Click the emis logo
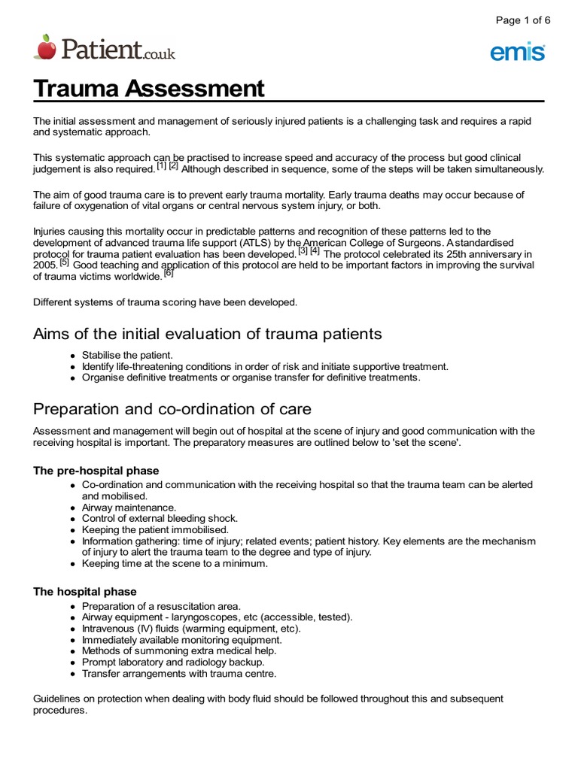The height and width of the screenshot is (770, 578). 518,52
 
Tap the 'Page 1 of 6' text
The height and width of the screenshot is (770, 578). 522,20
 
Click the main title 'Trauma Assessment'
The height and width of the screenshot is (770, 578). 149,89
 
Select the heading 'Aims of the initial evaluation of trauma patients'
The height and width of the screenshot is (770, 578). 208,334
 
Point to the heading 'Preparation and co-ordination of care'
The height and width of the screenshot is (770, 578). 172,410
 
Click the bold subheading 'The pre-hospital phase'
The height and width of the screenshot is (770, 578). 96,471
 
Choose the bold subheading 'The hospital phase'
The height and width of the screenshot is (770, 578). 85,592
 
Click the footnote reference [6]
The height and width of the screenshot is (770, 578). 169,274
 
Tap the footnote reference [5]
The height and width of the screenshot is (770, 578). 64,263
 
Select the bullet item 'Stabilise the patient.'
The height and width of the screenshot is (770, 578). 127,355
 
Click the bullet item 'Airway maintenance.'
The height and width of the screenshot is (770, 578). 129,508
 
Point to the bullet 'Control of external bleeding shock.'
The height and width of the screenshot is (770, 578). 160,519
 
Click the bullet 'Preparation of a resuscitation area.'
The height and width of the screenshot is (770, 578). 161,606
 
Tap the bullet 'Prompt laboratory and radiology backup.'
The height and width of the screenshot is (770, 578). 173,662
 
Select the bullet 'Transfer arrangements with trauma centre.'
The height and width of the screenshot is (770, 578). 179,674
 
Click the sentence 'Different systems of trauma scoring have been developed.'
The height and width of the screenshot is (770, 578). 166,302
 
